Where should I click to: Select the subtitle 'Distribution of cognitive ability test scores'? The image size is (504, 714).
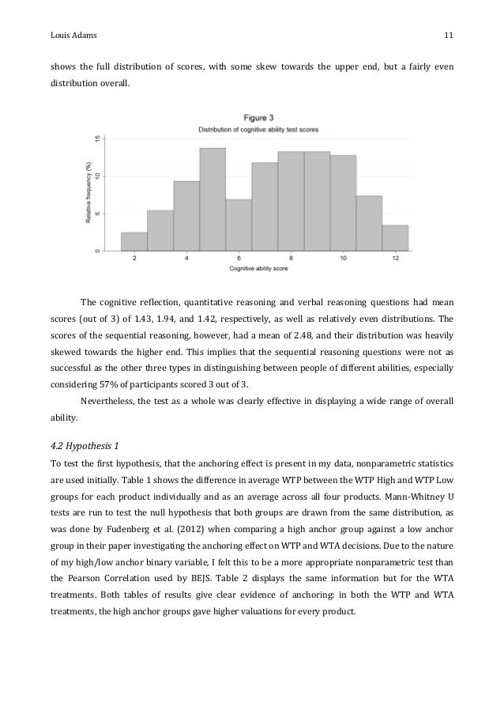coord(258,129)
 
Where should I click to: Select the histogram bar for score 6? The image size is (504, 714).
coord(239,225)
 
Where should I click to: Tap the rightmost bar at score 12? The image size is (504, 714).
coord(395,238)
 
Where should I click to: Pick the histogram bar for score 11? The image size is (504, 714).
coord(369,223)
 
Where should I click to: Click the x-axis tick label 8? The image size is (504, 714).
coord(291,259)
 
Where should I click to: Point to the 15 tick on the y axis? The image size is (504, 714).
coord(97,138)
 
